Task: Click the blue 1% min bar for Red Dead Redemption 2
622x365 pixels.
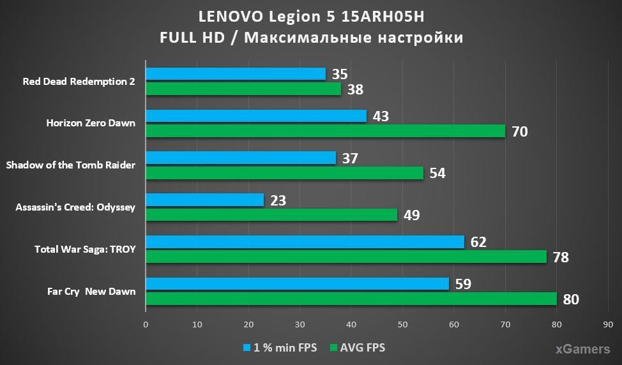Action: click(x=236, y=74)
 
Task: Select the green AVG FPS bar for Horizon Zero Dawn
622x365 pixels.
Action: click(x=325, y=131)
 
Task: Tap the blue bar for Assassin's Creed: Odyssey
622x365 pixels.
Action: click(x=204, y=200)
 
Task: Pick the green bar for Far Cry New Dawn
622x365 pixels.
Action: click(x=351, y=299)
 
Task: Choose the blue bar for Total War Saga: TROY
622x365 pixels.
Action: click(x=305, y=242)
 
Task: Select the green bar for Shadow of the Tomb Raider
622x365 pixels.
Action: click(x=284, y=173)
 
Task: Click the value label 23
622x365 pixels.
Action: click(x=278, y=200)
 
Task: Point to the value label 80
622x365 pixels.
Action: click(x=571, y=299)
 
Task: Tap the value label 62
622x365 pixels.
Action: click(x=478, y=242)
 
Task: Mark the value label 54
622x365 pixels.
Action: click(x=437, y=174)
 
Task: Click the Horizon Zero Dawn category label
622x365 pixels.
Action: click(x=91, y=123)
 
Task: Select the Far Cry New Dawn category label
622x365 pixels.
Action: click(x=91, y=292)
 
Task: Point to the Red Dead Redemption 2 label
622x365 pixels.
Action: click(x=79, y=82)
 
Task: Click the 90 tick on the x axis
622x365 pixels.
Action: click(x=608, y=324)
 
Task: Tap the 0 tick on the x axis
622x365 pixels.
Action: click(x=146, y=324)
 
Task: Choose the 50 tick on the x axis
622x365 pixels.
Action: click(x=402, y=324)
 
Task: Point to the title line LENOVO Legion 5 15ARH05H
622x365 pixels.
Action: click(x=311, y=15)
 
